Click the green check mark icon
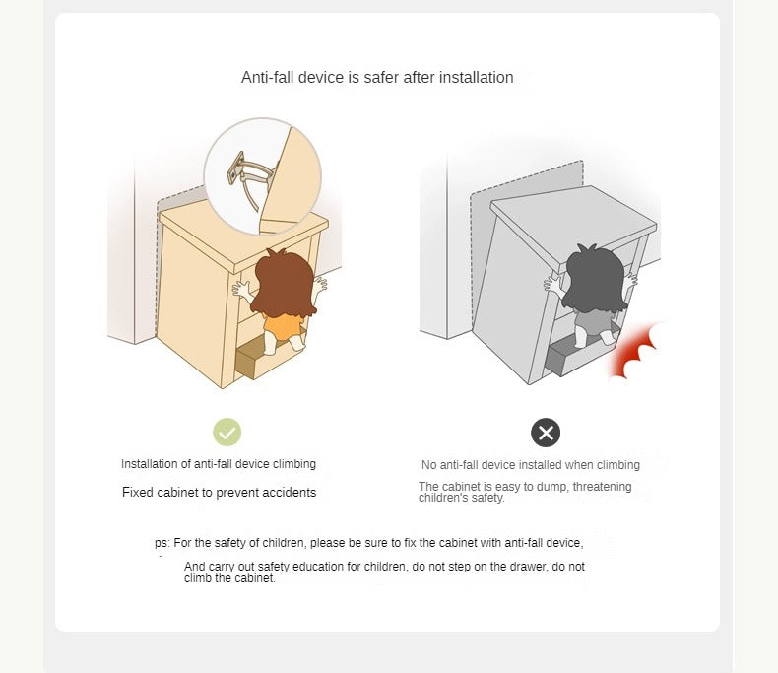click(x=227, y=433)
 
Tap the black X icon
click(x=546, y=433)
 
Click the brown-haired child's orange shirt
click(x=283, y=326)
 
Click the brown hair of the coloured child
click(x=284, y=283)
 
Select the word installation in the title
click(x=477, y=78)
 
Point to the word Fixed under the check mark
click(x=137, y=493)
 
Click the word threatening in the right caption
click(x=603, y=487)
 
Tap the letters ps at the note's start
click(x=161, y=543)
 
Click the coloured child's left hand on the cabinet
click(x=242, y=290)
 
